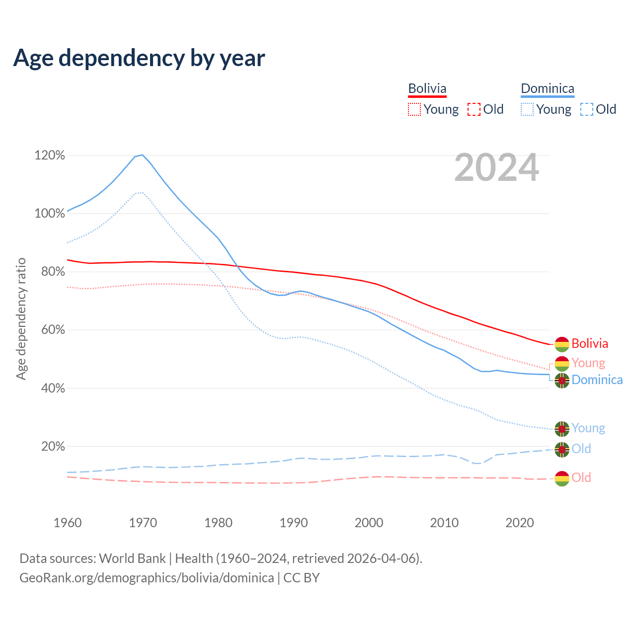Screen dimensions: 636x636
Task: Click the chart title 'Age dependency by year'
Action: tap(139, 58)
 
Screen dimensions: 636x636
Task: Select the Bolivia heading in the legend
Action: tap(427, 88)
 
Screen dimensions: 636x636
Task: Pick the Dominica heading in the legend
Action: tap(547, 88)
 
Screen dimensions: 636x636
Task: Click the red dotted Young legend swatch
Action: tap(414, 109)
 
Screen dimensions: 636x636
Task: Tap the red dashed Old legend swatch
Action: tap(474, 109)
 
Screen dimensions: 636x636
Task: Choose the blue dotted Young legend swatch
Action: tap(527, 109)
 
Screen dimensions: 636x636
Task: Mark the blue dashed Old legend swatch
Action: tap(586, 109)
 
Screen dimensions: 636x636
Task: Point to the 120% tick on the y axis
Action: tap(50, 156)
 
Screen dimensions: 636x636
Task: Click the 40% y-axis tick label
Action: tap(53, 388)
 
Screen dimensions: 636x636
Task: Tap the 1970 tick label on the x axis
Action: tap(143, 523)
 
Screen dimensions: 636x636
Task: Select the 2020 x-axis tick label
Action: tap(519, 523)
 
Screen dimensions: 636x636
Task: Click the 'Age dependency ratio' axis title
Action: tap(21, 318)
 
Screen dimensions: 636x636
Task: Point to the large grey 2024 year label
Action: tap(496, 168)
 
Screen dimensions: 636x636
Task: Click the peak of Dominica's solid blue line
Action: tap(142, 155)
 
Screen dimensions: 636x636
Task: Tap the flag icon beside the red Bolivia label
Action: tap(561, 344)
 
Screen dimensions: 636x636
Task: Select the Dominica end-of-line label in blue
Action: tap(597, 380)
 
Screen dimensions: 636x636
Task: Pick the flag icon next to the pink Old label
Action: tap(561, 478)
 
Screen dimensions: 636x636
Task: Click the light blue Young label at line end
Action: tap(588, 428)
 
